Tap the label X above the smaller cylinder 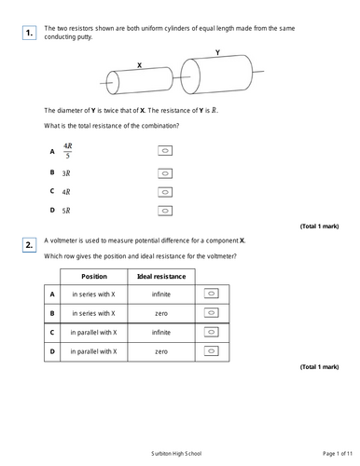(139, 66)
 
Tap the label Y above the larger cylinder (217, 53)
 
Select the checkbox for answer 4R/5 (165, 150)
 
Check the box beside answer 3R (165, 172)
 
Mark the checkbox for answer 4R (165, 192)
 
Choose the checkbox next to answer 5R (165, 211)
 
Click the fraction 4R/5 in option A (68, 150)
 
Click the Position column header (94, 277)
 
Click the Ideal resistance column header (161, 277)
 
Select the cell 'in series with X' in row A (94, 294)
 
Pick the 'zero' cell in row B (161, 313)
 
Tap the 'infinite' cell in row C (161, 332)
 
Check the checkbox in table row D (211, 351)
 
